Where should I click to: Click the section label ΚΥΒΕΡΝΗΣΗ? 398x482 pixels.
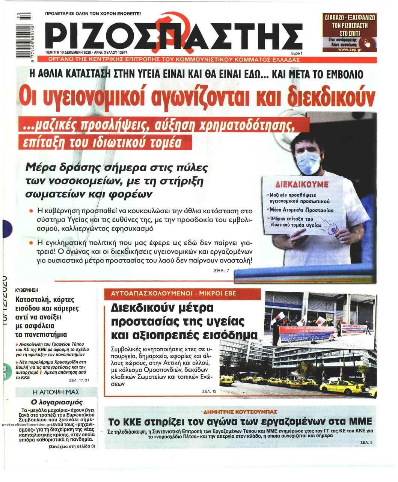click(27, 290)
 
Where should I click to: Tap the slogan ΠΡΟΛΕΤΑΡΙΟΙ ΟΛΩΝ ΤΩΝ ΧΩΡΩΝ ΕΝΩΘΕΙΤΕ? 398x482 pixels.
click(93, 14)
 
